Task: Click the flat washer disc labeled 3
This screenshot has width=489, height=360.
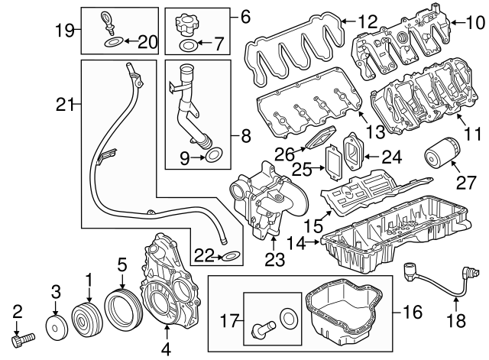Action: (x=56, y=326)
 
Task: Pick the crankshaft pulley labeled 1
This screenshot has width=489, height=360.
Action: (x=88, y=320)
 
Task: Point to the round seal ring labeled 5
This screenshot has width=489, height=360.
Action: (x=121, y=316)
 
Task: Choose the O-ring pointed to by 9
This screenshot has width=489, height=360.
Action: (x=215, y=157)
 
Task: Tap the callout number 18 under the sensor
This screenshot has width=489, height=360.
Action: (x=456, y=322)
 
